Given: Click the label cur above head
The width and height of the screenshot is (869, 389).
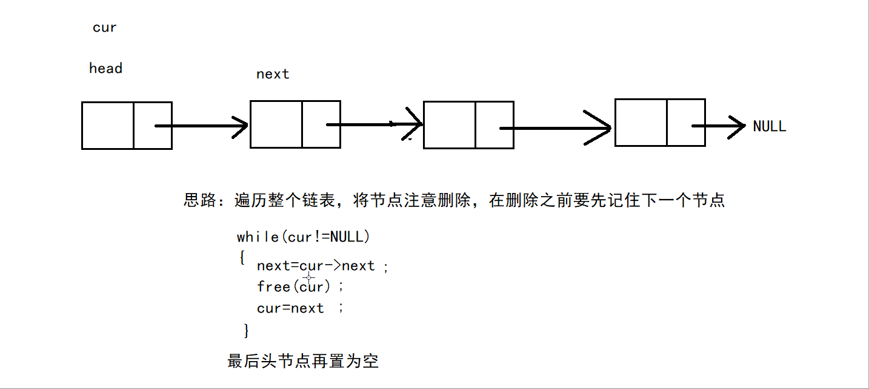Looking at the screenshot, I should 104,28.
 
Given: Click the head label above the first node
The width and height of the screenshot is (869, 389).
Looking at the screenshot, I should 105,69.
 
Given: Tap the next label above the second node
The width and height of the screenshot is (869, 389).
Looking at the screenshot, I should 273,74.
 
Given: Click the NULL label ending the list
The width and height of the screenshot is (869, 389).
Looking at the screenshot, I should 769,126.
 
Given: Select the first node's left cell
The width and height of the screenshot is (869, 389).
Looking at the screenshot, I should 108,126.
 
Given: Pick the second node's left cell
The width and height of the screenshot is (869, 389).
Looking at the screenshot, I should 276,124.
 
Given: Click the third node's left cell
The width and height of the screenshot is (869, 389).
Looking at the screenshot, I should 450,125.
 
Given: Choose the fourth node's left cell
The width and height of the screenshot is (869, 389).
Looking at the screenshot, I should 641,123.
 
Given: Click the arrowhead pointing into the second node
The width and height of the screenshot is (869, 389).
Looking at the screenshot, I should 239,126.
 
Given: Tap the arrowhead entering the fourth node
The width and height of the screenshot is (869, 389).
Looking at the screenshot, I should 601,128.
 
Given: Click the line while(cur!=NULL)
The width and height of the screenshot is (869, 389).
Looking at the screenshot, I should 303,237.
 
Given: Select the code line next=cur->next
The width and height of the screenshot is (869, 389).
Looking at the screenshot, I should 316,266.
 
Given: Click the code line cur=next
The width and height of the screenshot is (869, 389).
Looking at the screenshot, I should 291,308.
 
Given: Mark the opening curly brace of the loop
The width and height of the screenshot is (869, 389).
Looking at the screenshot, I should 242,257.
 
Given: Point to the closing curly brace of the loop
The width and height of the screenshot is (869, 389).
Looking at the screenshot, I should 246,331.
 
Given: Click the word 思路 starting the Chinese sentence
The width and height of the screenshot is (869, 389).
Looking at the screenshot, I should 199,200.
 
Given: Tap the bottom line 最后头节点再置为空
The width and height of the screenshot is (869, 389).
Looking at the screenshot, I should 303,362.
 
